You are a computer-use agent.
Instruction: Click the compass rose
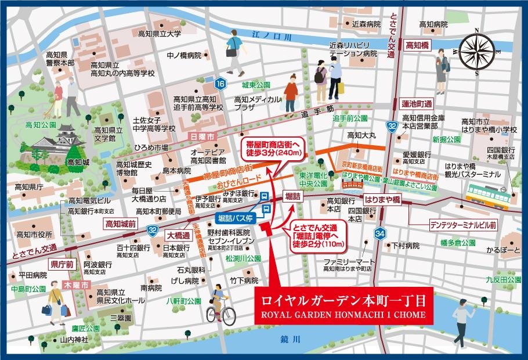pos(478,52)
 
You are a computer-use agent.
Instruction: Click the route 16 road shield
pos(219,84)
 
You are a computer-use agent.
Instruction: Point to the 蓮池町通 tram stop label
pos(417,103)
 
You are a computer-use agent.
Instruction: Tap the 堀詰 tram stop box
pos(292,197)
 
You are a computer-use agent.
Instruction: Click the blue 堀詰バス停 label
pos(236,218)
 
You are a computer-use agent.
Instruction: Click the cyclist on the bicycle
pos(220,304)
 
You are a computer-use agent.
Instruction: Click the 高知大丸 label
pos(362,135)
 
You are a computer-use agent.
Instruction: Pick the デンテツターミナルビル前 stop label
pos(463,224)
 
